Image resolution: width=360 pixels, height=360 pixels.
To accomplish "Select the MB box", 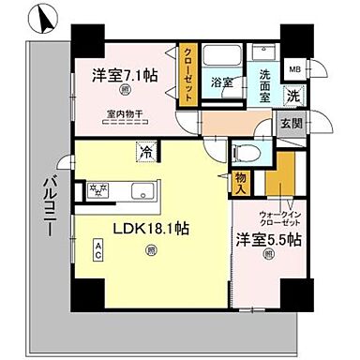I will (294, 69).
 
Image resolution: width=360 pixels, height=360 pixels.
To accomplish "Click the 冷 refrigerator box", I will (146, 148).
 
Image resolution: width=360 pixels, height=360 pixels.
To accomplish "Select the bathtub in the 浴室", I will (222, 55).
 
